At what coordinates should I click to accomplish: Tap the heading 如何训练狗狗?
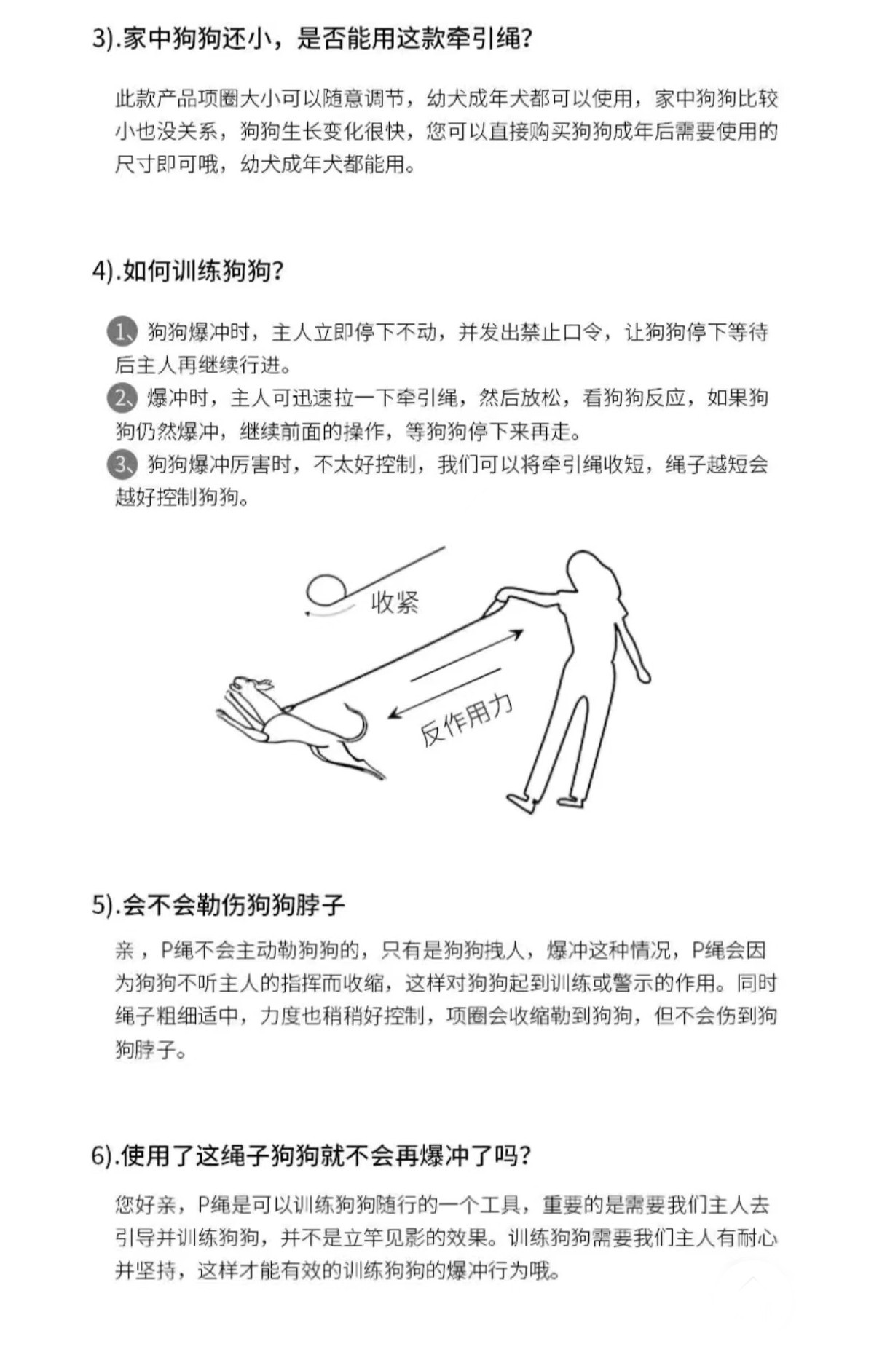tap(203, 271)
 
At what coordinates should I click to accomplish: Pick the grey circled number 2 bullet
tap(122, 398)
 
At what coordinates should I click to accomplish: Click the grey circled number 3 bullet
tap(122, 464)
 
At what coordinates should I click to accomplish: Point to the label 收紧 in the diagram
tap(395, 602)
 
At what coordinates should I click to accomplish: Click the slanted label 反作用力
tap(466, 720)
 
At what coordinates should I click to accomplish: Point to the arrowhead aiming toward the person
tap(516, 635)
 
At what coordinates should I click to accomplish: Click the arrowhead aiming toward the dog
tap(395, 713)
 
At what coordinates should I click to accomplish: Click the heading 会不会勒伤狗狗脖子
tap(233, 905)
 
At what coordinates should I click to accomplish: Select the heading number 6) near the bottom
tap(105, 1155)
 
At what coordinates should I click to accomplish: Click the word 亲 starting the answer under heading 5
tap(125, 950)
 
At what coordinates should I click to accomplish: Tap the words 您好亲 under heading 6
tap(146, 1205)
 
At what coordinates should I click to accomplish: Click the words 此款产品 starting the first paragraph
tap(157, 99)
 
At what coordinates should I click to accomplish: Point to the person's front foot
tap(523, 802)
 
